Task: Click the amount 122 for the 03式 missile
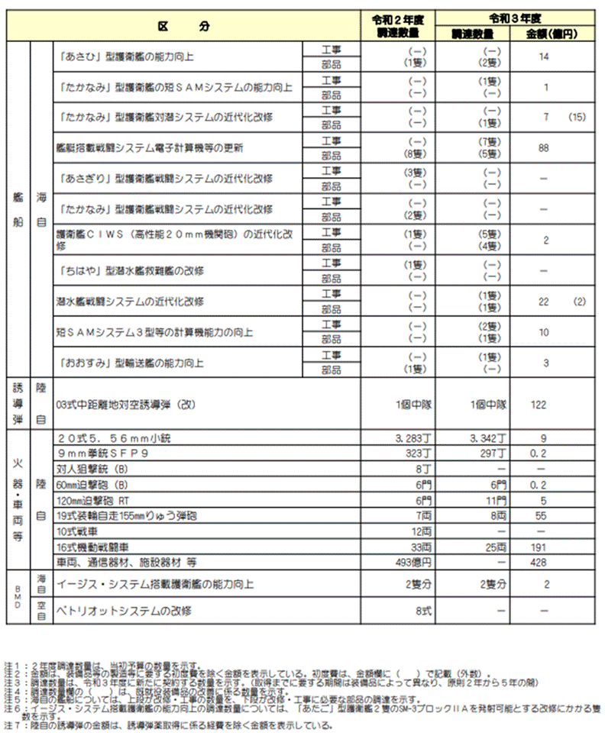539,404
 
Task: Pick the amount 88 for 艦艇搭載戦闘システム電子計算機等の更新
544,148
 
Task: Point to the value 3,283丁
406,439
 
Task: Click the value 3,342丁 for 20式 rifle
481,439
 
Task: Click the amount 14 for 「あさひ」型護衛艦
544,56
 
